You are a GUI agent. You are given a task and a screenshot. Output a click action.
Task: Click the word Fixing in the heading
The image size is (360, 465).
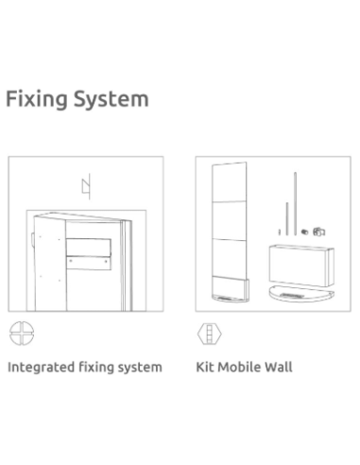tap(37, 99)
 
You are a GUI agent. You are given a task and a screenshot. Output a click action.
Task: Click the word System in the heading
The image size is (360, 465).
tap(111, 99)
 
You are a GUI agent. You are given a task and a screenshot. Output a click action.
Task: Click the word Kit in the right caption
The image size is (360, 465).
tap(205, 367)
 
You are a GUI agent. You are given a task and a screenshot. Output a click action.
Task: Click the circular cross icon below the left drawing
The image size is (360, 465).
tap(22, 334)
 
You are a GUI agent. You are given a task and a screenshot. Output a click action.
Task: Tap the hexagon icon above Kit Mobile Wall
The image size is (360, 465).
tap(210, 334)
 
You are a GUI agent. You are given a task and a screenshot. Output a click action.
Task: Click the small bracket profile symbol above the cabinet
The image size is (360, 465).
tap(87, 186)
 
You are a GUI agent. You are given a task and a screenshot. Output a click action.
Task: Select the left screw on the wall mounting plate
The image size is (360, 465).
tap(71, 261)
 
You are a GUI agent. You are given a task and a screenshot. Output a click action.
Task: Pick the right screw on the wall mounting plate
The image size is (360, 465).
tap(106, 261)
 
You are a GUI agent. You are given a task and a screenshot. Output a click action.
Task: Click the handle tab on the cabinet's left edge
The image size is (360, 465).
tap(33, 238)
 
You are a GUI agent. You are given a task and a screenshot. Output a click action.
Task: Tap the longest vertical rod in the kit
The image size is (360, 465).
tap(295, 203)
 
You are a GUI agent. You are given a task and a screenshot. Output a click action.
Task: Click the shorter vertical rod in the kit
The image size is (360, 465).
tap(287, 218)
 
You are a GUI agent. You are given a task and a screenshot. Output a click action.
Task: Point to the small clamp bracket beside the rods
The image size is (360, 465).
tap(319, 232)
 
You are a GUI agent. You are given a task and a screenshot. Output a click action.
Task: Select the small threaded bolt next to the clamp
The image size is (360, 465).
tap(304, 232)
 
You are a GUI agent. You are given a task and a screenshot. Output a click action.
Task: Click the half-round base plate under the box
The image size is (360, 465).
tap(301, 293)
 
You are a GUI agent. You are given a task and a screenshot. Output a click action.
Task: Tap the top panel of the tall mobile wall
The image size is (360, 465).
tap(230, 182)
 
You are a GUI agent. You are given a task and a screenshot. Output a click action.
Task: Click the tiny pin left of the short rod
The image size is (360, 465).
tap(280, 232)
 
